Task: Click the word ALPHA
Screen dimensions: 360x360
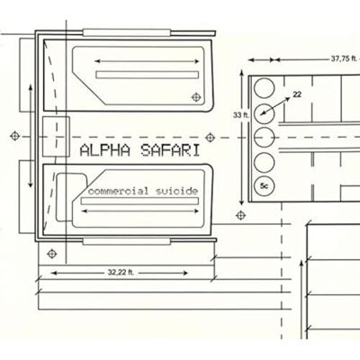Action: click(105, 150)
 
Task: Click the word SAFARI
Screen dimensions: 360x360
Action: click(170, 150)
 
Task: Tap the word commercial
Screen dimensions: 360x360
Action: click(118, 191)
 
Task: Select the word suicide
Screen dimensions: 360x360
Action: click(177, 191)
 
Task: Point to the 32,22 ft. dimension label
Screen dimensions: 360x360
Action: click(121, 273)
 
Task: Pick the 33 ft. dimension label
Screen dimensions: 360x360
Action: click(241, 115)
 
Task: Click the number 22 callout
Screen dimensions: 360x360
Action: click(297, 94)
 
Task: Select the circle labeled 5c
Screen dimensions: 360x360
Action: click(265, 186)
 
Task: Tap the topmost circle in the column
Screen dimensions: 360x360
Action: click(265, 88)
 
